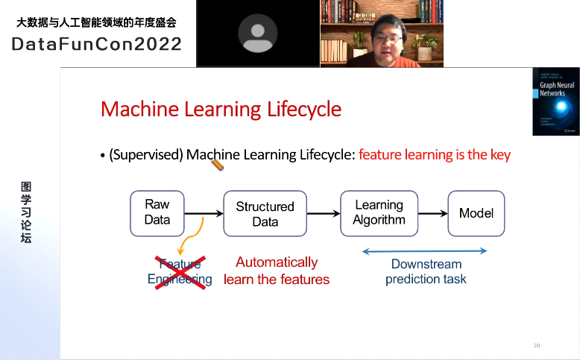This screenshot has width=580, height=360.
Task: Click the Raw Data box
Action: pos(157,212)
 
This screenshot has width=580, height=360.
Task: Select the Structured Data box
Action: pos(265,214)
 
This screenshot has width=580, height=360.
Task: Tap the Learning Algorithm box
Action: pos(379,213)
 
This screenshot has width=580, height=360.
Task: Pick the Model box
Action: pos(476,213)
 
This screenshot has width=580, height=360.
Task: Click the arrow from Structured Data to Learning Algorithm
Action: pos(323,214)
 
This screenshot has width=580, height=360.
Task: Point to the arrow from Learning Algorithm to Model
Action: pos(432,214)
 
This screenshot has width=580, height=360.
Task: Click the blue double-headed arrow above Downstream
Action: pos(424,251)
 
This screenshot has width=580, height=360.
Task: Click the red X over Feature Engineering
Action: pos(180,272)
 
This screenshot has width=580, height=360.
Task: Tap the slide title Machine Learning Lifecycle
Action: pos(221,110)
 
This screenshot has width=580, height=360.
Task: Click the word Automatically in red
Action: pos(277,262)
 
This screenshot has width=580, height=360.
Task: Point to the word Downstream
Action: pos(426,265)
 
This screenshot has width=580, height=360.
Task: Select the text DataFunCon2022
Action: pos(97,44)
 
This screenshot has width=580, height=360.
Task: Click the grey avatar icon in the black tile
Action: pos(257,34)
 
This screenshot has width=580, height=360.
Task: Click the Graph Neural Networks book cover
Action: pos(555,101)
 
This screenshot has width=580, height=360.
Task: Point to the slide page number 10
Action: pos(536,346)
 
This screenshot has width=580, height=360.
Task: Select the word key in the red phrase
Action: pos(499,155)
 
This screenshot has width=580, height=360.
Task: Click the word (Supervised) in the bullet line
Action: pos(146,155)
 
